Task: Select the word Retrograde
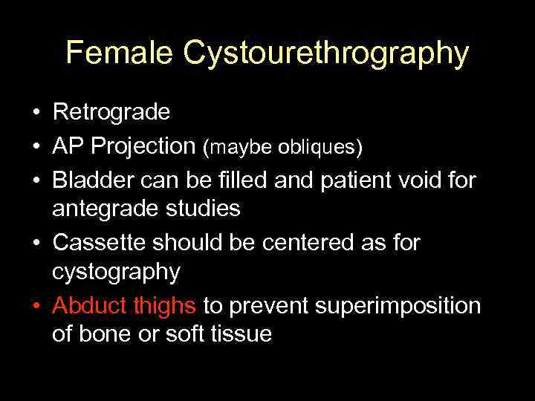click(111, 113)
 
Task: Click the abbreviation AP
click(68, 146)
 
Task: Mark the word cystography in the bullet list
click(116, 273)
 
